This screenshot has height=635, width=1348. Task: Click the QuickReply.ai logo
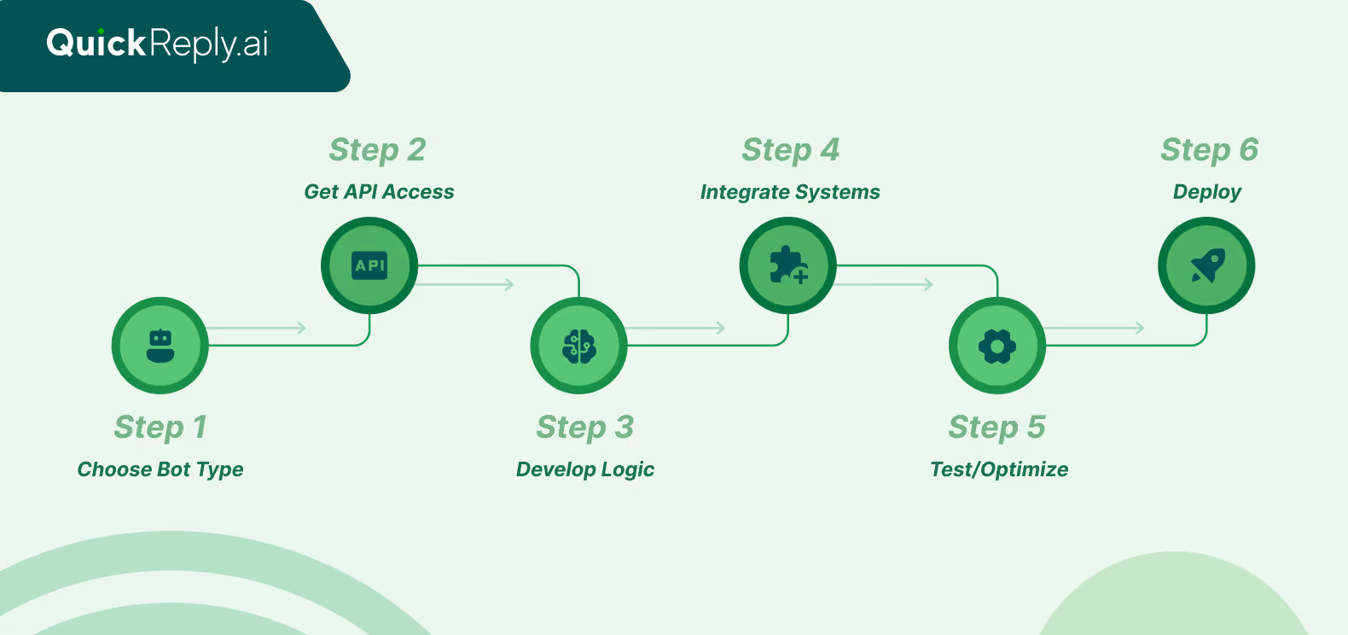click(x=157, y=44)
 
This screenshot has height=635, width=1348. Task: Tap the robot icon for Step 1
click(x=160, y=346)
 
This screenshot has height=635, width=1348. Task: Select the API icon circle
click(x=369, y=265)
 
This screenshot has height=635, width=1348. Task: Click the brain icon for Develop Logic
click(x=579, y=346)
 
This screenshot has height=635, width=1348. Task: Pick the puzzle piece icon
click(x=788, y=265)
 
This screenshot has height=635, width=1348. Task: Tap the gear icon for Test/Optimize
click(x=997, y=346)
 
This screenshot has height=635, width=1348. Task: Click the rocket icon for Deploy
click(x=1208, y=265)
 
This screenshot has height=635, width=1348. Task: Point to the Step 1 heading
click(x=160, y=428)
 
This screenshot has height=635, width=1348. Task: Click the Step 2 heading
click(x=377, y=150)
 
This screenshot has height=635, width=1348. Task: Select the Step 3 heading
click(x=585, y=428)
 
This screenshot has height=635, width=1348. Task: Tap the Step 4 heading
click(x=791, y=150)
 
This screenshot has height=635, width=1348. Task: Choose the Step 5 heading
click(x=997, y=428)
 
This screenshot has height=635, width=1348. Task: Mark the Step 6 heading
click(x=1209, y=150)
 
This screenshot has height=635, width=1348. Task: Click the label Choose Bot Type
click(x=160, y=469)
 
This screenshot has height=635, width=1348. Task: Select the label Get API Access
click(x=379, y=191)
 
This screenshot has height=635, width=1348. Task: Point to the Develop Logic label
click(x=585, y=469)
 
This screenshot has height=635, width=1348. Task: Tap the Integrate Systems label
click(x=790, y=192)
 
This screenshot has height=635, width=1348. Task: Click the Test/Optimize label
click(x=999, y=469)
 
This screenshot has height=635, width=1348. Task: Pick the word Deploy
click(x=1207, y=192)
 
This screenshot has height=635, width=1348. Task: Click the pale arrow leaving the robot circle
click(x=257, y=328)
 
